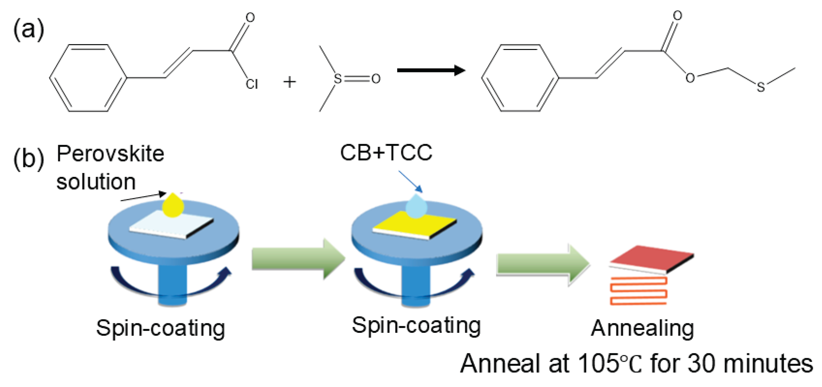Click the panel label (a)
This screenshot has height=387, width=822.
pos(28,30)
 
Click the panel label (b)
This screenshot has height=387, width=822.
pos(28,159)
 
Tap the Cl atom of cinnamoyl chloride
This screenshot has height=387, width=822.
pos(251,84)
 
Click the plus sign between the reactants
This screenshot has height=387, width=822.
pos(289,82)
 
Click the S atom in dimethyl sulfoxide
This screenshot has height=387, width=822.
pos(337,78)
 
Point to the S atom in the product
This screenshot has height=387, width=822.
pos(760,87)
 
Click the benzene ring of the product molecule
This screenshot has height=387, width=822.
pos(520,78)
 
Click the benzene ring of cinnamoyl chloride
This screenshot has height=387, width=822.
pos(88,78)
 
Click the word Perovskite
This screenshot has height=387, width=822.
pos(110,154)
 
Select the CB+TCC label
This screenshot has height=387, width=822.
pos(386,153)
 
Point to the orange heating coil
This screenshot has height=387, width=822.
pos(638,291)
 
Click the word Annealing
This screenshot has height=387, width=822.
pos(642,328)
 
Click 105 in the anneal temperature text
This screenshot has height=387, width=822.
pos(598,364)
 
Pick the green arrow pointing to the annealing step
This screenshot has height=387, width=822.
pos(542,265)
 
